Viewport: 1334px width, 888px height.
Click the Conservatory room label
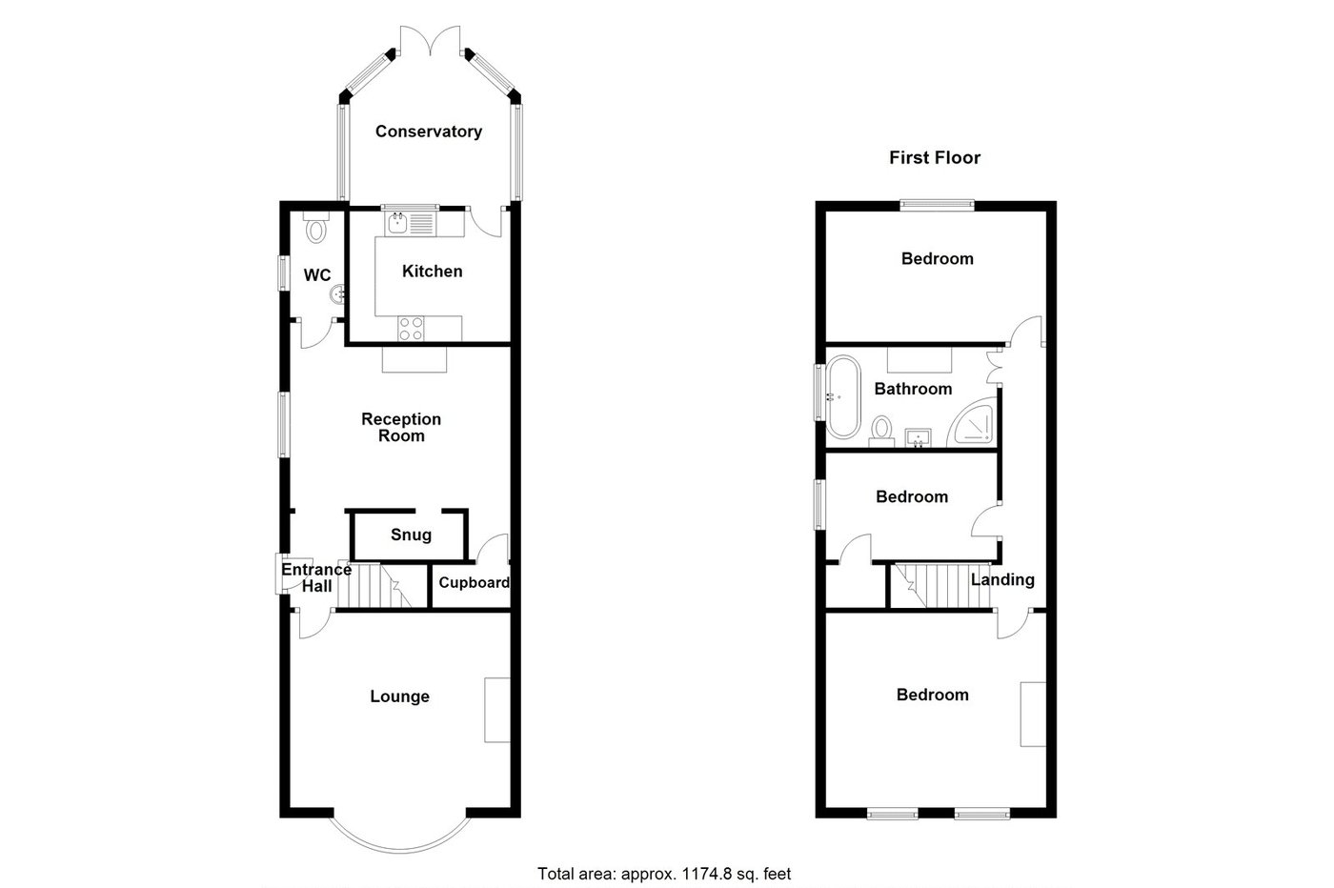pos(428,131)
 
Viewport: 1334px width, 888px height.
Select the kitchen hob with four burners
pos(412,328)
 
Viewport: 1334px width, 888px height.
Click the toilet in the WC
pos(317,229)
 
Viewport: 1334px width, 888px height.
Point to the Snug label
pos(411,535)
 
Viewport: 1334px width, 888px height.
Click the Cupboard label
pos(474,582)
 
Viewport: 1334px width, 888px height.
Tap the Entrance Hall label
pos(316,577)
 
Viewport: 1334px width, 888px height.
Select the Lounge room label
pos(399,696)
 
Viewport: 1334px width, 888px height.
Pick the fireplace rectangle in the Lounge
pos(496,710)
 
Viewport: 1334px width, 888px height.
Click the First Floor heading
pos(934,158)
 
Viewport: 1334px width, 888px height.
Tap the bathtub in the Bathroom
pos(842,396)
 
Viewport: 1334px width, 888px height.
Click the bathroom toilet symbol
pos(880,430)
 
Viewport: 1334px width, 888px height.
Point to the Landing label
pos(1002,579)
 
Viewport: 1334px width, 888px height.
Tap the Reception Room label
pos(401,427)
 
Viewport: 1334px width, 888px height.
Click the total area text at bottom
pos(664,873)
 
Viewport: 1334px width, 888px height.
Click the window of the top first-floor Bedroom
pos(938,203)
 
